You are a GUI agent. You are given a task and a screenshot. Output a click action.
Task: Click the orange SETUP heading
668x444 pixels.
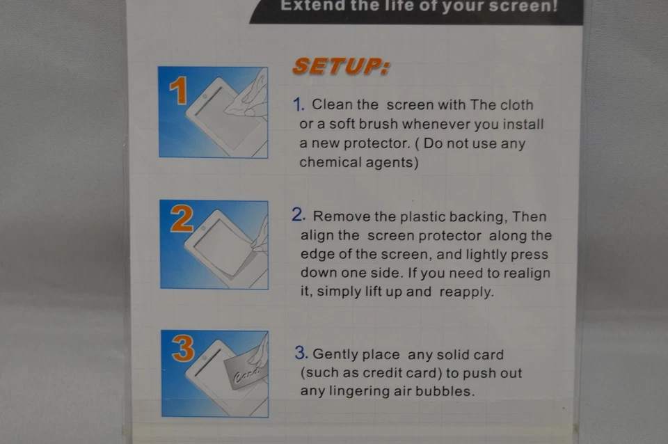tap(340, 67)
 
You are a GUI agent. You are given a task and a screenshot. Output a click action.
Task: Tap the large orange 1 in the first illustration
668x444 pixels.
tap(178, 90)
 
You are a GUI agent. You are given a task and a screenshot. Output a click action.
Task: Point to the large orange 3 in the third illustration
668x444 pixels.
tap(182, 349)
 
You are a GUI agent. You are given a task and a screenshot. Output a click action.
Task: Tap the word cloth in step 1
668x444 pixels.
tap(516, 105)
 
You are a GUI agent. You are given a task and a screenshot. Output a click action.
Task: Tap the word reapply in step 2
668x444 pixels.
tap(466, 292)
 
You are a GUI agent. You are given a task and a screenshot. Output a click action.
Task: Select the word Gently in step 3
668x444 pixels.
tap(335, 354)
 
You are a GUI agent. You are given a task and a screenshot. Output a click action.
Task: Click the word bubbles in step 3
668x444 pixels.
tap(445, 391)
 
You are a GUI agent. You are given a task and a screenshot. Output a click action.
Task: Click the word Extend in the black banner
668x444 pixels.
tap(308, 6)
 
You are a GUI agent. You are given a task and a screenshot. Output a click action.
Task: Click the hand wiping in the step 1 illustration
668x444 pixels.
tap(250, 97)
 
